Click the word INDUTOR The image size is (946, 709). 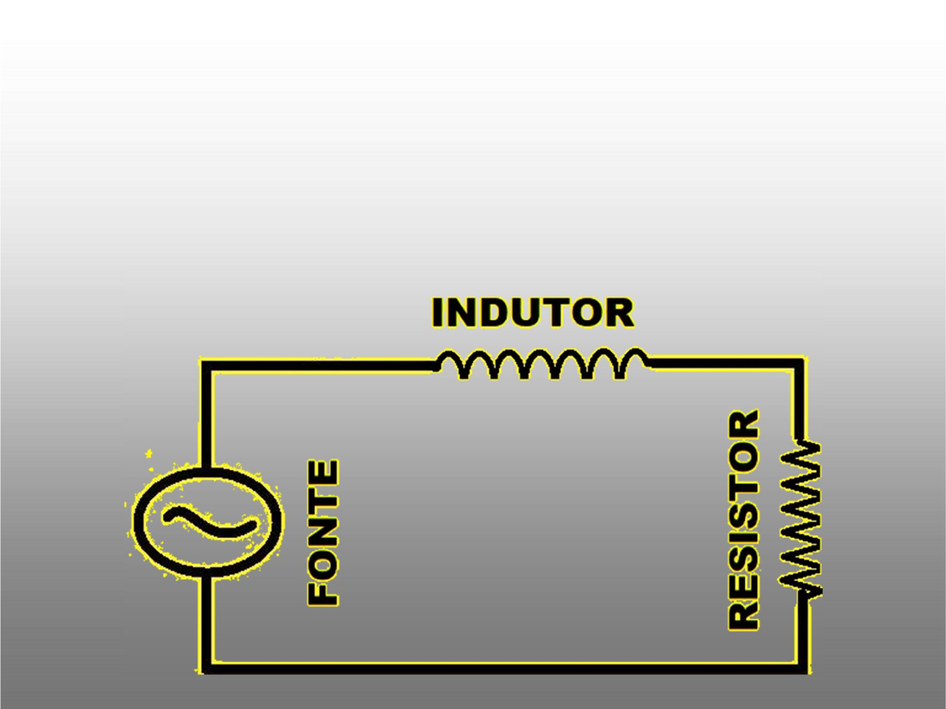pos(532,313)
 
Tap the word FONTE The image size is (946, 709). pos(323,532)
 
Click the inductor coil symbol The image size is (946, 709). pos(542,364)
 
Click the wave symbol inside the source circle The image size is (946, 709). pos(209,522)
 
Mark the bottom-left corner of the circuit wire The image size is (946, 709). pos(207,667)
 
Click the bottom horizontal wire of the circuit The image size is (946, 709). pos(505,668)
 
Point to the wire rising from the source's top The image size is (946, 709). pos(207,420)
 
